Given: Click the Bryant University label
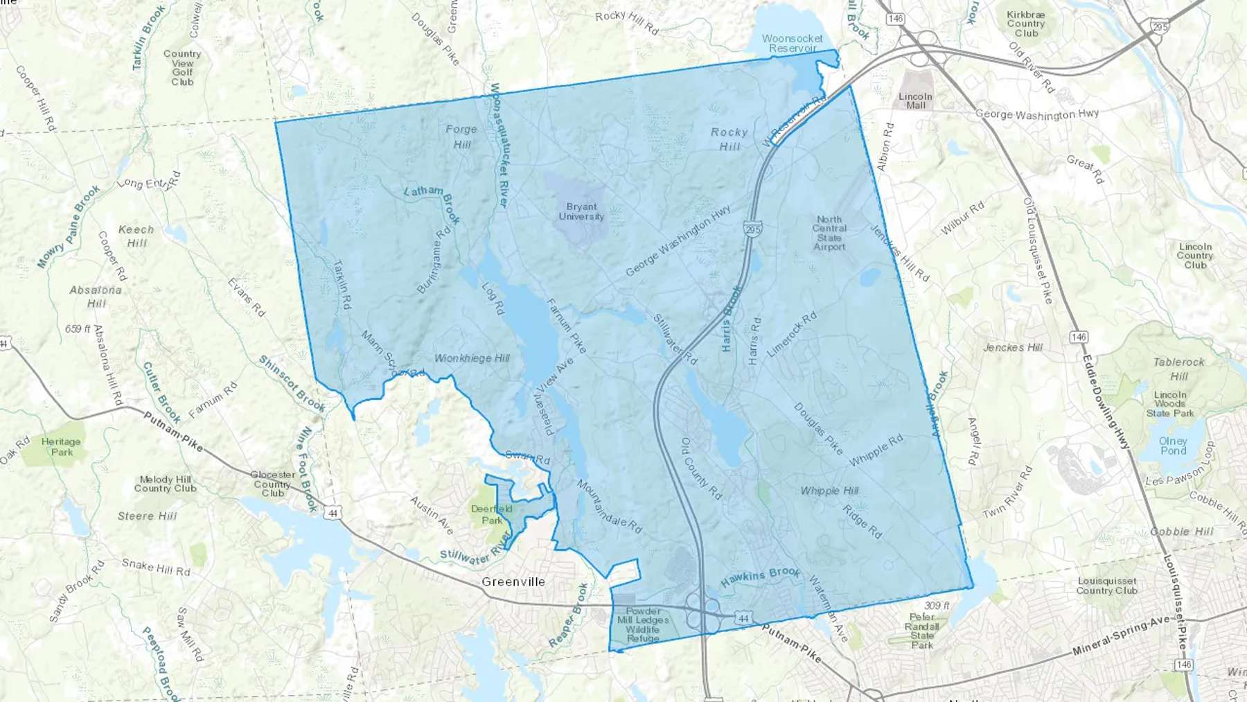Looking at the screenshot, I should click(x=581, y=211).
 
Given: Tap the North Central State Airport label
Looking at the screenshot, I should click(x=829, y=233).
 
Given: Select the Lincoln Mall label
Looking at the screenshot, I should click(x=915, y=101).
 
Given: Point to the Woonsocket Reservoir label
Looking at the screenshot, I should click(x=793, y=44).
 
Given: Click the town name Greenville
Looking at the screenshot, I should click(x=513, y=582).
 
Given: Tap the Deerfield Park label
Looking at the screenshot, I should click(x=492, y=515).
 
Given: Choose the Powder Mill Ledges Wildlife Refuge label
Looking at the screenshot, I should click(x=643, y=624).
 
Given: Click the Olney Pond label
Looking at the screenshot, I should click(x=1173, y=446).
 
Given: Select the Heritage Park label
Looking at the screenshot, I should click(x=61, y=447).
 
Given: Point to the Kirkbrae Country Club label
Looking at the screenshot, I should click(x=1026, y=24).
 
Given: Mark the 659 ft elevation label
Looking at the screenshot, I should click(x=78, y=329).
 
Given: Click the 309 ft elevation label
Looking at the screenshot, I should click(x=937, y=606).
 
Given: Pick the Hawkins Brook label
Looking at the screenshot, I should click(x=760, y=577).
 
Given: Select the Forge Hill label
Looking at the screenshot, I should click(x=461, y=137).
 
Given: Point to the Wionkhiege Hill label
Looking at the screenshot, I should click(x=472, y=358).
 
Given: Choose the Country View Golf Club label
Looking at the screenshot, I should click(x=182, y=68).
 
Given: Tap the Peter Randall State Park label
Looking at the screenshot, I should click(x=922, y=631).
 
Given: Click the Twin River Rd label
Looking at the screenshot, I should click(x=1007, y=493).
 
